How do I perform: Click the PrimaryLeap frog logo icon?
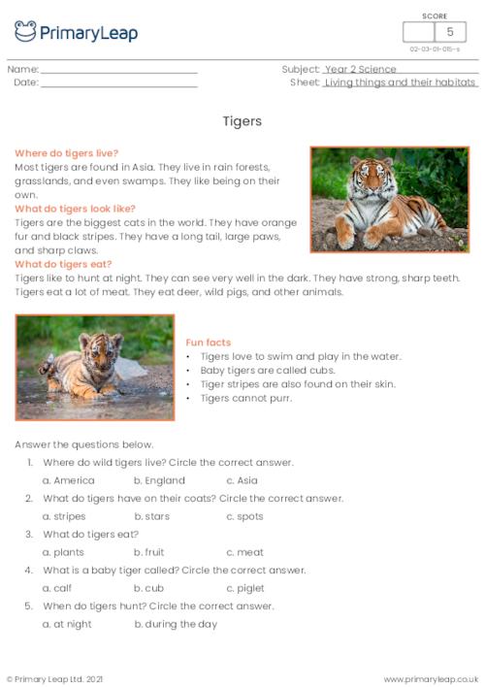coord(26,32)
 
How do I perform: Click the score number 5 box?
coord(449,32)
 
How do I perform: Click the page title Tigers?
coord(242,122)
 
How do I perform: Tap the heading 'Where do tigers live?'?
coord(66,153)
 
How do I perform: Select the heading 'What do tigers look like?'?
coord(75,209)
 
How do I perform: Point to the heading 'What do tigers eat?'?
coord(63,264)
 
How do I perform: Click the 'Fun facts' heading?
coord(208,343)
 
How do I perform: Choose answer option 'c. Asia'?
coord(242,480)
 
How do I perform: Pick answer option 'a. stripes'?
coord(64,516)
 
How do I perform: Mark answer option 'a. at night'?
coord(67,624)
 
